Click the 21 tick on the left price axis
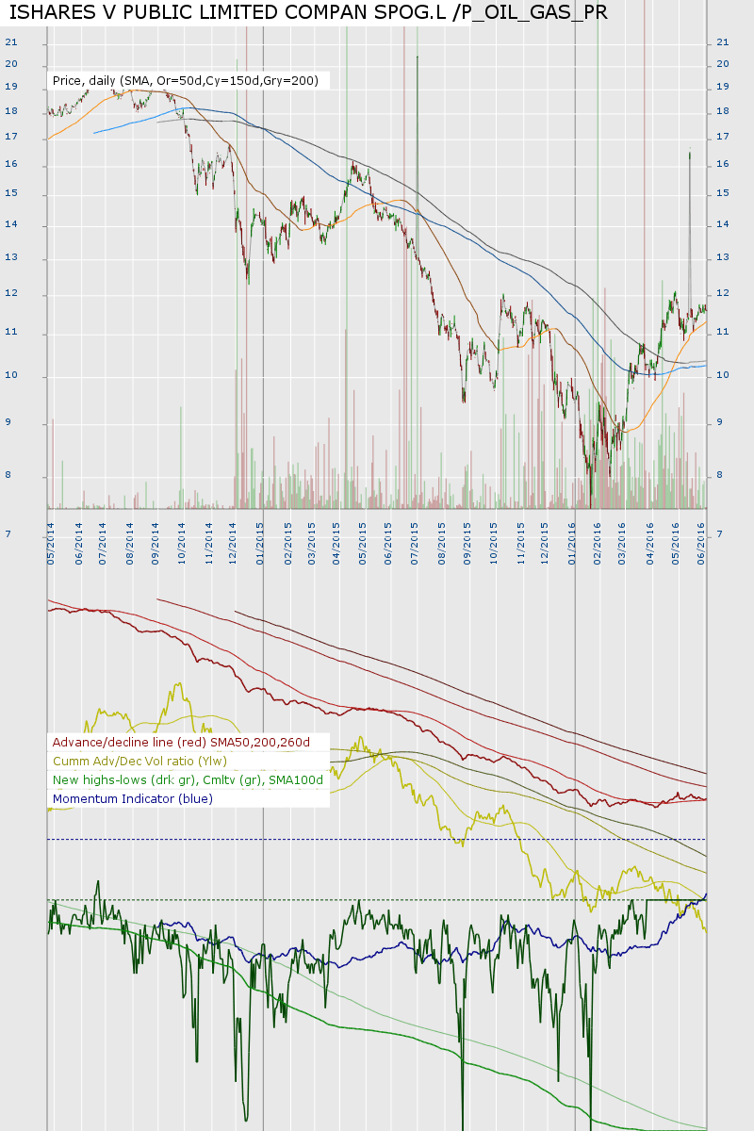[x=11, y=42]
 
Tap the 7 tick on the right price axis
[x=721, y=534]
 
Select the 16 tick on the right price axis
[x=723, y=164]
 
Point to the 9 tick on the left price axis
[x=11, y=423]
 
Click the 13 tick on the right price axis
[x=723, y=257]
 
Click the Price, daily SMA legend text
[x=185, y=82]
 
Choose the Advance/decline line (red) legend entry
[x=181, y=743]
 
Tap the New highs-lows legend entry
[x=188, y=780]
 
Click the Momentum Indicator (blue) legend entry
[x=133, y=799]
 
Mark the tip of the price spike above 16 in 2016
[x=690, y=152]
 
